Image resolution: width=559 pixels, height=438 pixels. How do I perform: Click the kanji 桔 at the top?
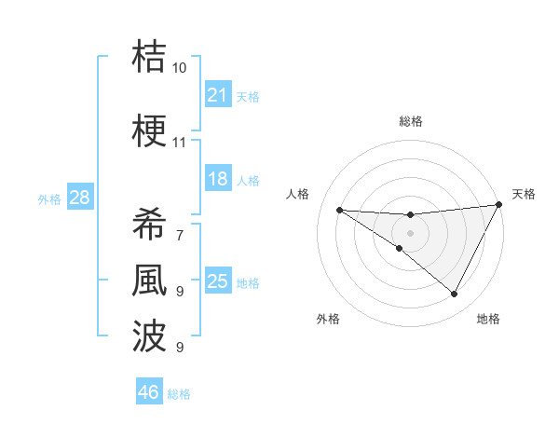pyautogui.click(x=150, y=57)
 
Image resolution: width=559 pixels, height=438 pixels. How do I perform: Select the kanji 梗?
pyautogui.click(x=150, y=130)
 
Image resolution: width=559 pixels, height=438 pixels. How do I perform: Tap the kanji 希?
pyautogui.click(x=150, y=225)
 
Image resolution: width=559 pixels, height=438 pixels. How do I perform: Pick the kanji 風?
pyautogui.click(x=150, y=280)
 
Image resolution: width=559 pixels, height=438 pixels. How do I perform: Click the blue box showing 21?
pyautogui.click(x=217, y=95)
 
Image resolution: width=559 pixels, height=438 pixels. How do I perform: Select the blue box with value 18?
pyautogui.click(x=217, y=179)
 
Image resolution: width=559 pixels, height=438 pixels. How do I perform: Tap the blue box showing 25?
pyautogui.click(x=217, y=281)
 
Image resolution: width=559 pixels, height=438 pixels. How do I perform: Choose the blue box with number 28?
pyautogui.click(x=79, y=198)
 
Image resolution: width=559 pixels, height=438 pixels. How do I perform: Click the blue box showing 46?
pyautogui.click(x=149, y=392)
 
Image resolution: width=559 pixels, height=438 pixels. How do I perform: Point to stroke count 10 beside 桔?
pyautogui.click(x=179, y=68)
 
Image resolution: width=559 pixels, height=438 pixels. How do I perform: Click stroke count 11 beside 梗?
pyautogui.click(x=179, y=143)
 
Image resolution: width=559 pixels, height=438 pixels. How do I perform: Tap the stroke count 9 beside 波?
pyautogui.click(x=179, y=347)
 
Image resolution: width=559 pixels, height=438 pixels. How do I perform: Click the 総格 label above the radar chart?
pyautogui.click(x=410, y=121)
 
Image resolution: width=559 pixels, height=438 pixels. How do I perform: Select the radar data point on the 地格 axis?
pyautogui.click(x=455, y=294)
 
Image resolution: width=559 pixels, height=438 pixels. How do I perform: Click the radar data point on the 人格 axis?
pyautogui.click(x=339, y=209)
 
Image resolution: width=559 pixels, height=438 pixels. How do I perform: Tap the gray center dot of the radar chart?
pyautogui.click(x=410, y=232)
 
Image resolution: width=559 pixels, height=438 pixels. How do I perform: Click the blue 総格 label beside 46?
pyautogui.click(x=179, y=394)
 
